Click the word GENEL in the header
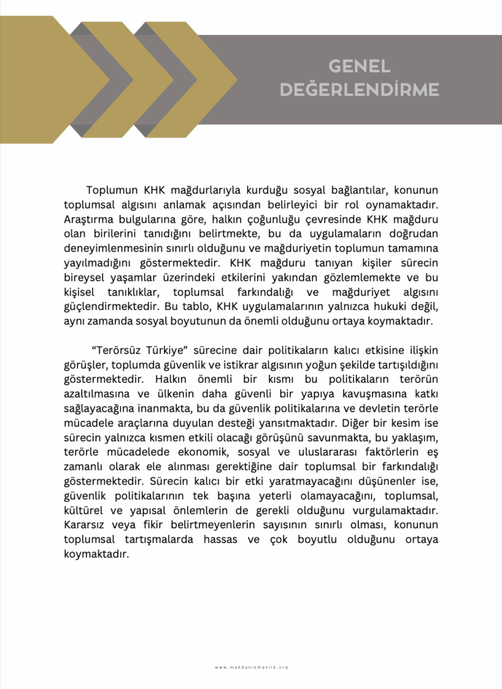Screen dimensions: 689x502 pos(359,66)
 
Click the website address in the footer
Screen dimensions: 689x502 pos(251,667)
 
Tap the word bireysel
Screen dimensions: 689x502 pos(85,277)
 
